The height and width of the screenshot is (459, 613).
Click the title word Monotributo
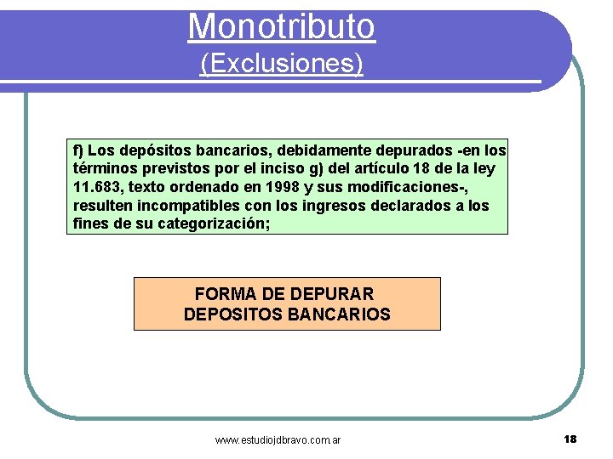[x=281, y=25]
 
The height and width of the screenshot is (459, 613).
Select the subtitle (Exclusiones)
[x=281, y=64]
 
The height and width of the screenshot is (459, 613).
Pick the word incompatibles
[x=176, y=207]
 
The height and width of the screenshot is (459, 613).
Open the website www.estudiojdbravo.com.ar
[x=278, y=440]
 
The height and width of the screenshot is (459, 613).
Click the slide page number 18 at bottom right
[x=570, y=439]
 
